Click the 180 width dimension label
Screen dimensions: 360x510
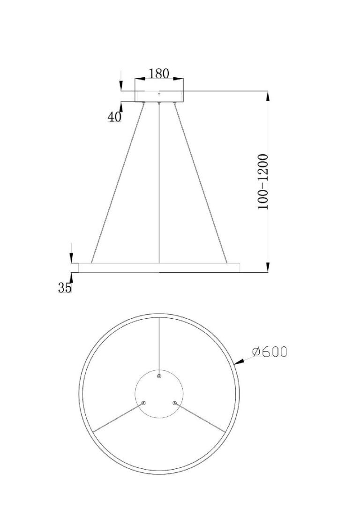tap(159, 74)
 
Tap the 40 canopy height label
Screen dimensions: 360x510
tap(114, 116)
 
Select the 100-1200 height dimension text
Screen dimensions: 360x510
tap(263, 182)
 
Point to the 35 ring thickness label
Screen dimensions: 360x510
tap(64, 287)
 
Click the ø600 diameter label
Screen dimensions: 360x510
tap(270, 352)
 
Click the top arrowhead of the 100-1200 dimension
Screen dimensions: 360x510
tap(268, 96)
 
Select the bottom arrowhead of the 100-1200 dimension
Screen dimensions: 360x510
tap(268, 267)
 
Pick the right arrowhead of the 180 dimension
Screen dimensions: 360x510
tap(178, 78)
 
